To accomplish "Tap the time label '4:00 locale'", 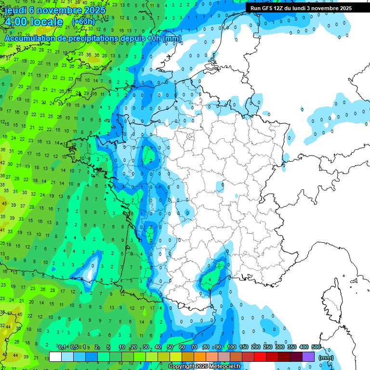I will coord(33,22).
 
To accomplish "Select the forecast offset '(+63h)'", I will coord(83,22).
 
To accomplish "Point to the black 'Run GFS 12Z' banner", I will coord(301,8).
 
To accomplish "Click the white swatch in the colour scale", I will coord(55,357).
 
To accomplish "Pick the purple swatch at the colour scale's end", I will coord(308,357).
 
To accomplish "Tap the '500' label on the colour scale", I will coord(316,347).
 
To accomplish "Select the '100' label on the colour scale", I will coord(231,347).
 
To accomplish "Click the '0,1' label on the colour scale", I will coord(62,347).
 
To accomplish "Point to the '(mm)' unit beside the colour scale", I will coord(326,357).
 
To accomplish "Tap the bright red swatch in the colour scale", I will coord(260,357).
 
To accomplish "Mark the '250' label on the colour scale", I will coord(267,347).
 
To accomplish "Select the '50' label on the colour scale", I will coord(170,347).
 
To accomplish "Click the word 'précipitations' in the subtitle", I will coord(86,38).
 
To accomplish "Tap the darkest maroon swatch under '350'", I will coord(296,357).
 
